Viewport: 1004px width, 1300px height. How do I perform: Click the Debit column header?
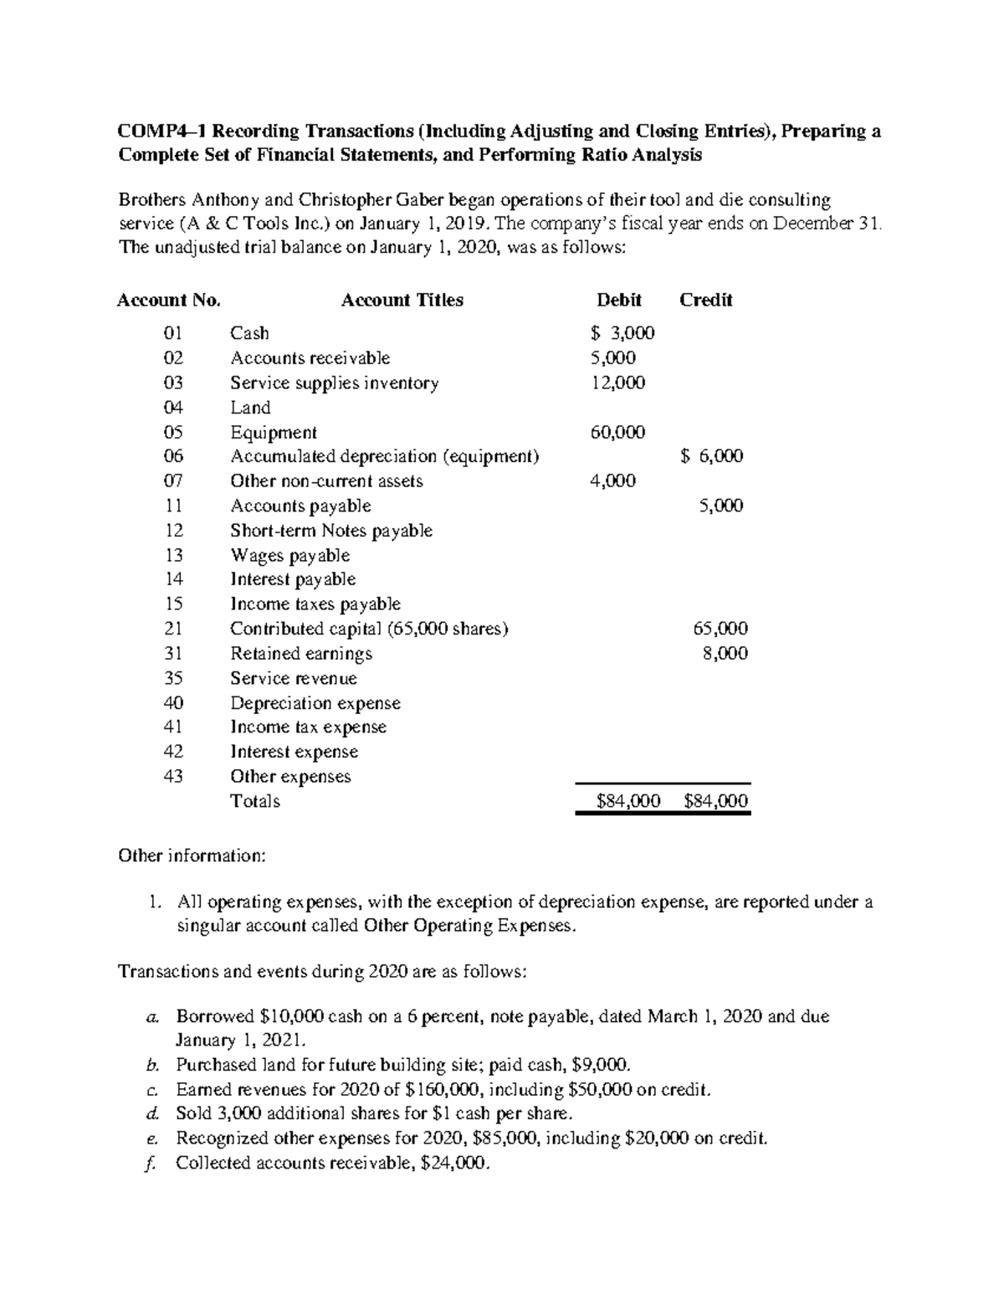point(618,300)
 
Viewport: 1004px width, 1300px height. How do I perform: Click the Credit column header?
point(705,300)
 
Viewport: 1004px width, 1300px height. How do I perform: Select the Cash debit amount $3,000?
point(622,333)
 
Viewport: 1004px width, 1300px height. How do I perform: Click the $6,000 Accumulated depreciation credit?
point(711,456)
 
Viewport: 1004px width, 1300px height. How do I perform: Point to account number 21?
point(173,629)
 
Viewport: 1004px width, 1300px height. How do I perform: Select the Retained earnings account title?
point(301,653)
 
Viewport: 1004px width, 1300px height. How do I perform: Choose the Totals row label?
point(255,801)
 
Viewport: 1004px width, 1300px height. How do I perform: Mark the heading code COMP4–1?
point(161,131)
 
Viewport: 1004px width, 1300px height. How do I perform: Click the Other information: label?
point(192,856)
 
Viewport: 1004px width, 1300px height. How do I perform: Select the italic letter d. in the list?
point(151,1113)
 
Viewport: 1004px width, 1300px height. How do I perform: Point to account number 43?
point(173,776)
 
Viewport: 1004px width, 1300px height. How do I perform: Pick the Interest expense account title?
point(294,752)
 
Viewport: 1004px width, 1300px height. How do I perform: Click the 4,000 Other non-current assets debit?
point(612,480)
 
